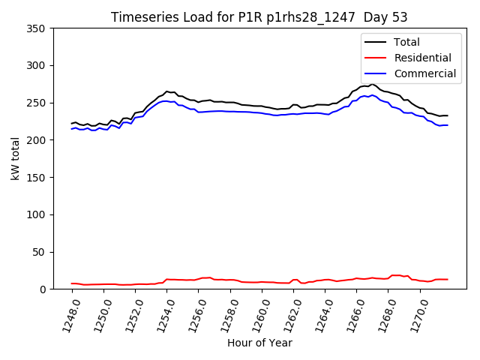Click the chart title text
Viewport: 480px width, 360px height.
coord(259,17)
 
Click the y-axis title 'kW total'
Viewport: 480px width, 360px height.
coord(15,158)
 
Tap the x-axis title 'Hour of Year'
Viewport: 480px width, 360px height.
coord(259,343)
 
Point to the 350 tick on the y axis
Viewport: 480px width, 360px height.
coord(37,28)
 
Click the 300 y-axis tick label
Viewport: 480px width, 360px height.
coord(37,66)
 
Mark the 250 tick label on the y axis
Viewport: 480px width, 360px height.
coord(37,103)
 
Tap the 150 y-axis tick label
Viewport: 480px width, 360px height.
coord(37,178)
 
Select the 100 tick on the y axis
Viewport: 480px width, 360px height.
coord(37,214)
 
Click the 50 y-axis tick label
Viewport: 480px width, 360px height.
coord(40,252)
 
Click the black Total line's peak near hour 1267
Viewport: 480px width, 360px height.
coord(373,84)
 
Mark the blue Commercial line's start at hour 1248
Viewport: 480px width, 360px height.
coord(72,129)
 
